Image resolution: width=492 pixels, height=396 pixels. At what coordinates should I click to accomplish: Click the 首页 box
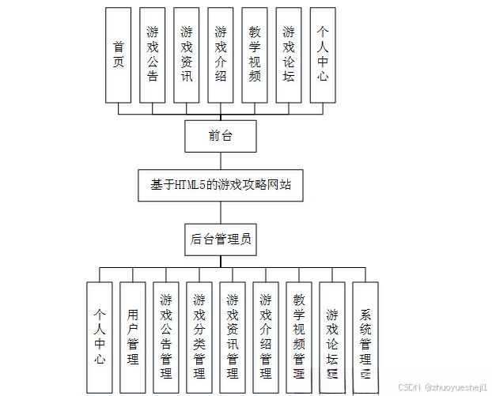click(118, 55)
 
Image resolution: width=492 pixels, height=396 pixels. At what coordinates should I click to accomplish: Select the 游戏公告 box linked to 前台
click(152, 55)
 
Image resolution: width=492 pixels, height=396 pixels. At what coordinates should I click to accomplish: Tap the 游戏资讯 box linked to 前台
click(186, 55)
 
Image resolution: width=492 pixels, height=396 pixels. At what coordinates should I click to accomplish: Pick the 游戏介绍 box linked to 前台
click(220, 55)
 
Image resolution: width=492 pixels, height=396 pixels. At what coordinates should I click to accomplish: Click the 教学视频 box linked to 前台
click(254, 55)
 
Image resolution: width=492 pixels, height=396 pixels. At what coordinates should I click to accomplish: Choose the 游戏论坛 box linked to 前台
click(289, 55)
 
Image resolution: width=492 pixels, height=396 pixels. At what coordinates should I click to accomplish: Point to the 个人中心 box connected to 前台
click(323, 55)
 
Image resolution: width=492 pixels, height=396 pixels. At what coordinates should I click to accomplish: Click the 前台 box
click(221, 136)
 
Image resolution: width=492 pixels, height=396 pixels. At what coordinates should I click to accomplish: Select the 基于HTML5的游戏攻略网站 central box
click(221, 185)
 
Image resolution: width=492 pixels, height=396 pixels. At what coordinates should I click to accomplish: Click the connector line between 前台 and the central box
click(221, 160)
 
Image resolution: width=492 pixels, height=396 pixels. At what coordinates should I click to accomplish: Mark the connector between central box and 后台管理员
click(221, 212)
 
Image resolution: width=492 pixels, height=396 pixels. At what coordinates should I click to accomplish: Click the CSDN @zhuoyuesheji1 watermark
click(444, 388)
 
